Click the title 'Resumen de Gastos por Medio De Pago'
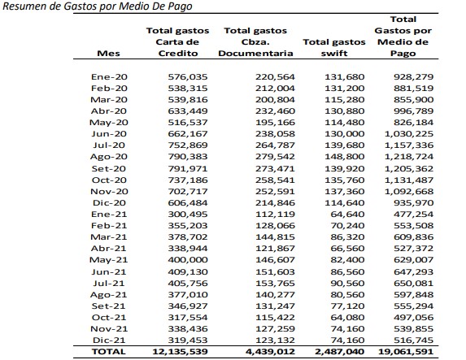tap(97, 7)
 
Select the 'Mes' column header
tap(108, 54)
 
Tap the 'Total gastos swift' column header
tap(334, 47)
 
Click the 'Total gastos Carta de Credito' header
tap(178, 42)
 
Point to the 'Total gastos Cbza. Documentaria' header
tap(255, 42)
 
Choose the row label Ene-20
tap(109, 77)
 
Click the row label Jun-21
tap(109, 271)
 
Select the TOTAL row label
tap(108, 352)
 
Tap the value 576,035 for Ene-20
tap(188, 77)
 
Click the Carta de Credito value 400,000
tap(188, 260)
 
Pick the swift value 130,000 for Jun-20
tap(344, 134)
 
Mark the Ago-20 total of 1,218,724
tap(409, 157)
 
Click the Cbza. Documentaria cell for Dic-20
tap(275, 203)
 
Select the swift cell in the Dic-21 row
tap(347, 340)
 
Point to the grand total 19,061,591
tap(406, 352)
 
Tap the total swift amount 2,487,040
tap(339, 352)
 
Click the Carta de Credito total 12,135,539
tap(180, 352)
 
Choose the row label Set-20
tap(109, 169)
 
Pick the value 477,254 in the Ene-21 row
tap(414, 215)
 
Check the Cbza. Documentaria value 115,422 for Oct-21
tap(275, 318)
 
